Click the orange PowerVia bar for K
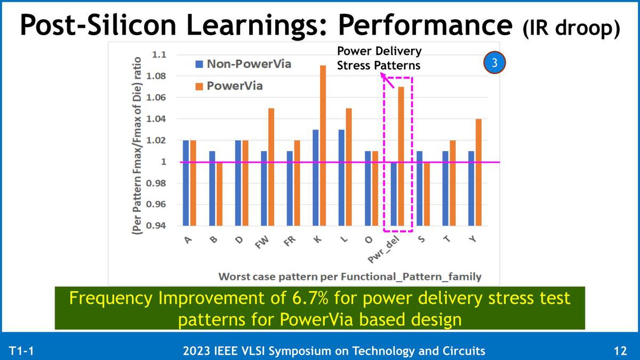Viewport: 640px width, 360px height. [x=323, y=145]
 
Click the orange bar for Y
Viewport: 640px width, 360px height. [x=478, y=172]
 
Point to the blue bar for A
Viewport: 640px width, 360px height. [x=186, y=182]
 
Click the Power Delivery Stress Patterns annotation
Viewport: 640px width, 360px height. [x=378, y=58]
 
